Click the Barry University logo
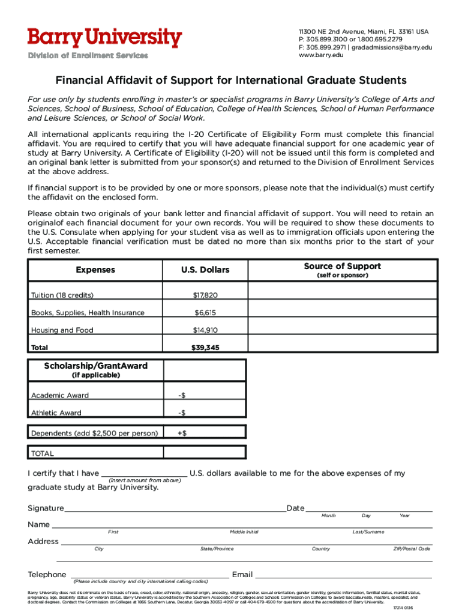(x=104, y=38)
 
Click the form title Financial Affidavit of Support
(x=231, y=80)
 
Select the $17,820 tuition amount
(x=205, y=295)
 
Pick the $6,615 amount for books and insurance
(x=205, y=313)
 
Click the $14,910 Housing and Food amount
(x=205, y=330)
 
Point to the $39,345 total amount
(x=205, y=348)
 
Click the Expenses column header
(x=95, y=270)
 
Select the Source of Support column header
(x=342, y=267)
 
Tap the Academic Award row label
(x=60, y=395)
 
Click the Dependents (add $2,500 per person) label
(x=95, y=433)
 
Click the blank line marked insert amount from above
(x=144, y=473)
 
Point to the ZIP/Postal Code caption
(x=411, y=549)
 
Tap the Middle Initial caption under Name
(x=244, y=532)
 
